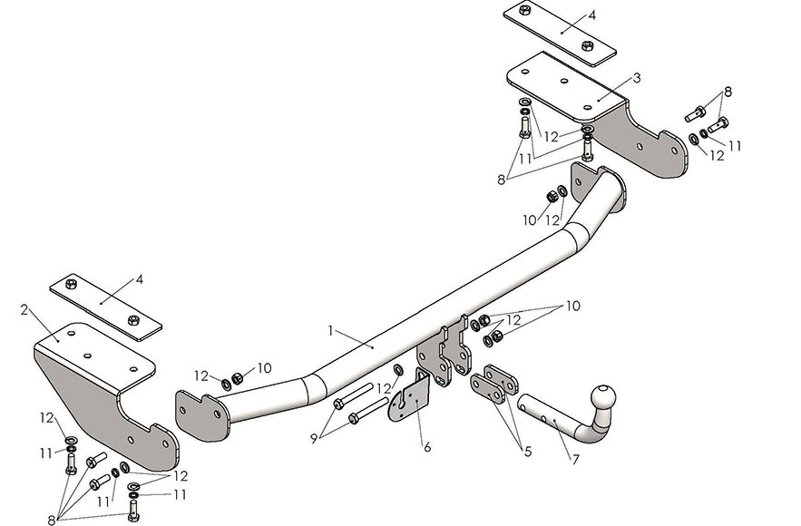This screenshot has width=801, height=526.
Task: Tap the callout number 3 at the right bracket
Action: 637,78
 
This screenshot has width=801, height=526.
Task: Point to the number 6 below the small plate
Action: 427,446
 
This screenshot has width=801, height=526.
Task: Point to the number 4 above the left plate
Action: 140,279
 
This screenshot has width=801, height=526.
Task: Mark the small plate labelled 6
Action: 408,399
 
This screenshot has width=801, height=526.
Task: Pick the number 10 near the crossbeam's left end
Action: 265,367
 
